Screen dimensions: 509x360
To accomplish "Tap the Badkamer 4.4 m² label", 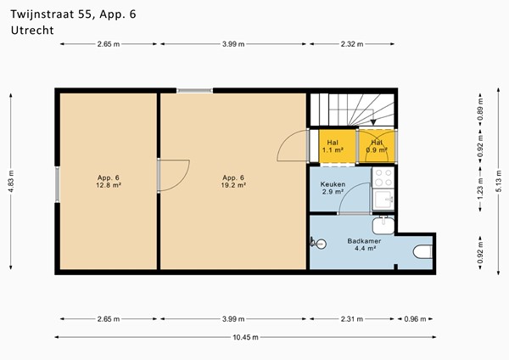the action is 364,245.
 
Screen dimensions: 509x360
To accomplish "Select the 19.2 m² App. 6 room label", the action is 233,182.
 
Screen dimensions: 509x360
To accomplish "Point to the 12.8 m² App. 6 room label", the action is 109,182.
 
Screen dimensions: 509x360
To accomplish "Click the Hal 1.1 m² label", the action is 333,146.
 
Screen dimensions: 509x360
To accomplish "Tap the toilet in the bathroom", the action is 422,252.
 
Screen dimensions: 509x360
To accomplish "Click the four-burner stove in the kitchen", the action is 383,177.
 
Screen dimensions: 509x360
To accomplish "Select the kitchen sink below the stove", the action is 383,200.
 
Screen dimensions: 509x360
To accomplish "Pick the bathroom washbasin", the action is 383,225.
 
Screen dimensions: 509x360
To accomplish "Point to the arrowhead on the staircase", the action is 373,122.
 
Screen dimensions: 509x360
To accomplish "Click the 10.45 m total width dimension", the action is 245,337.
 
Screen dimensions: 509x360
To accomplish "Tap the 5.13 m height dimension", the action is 499,182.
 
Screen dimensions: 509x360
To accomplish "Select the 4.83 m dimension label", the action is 11,182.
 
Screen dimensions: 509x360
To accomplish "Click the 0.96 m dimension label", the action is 415,319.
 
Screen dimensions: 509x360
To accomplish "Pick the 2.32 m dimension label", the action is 352,44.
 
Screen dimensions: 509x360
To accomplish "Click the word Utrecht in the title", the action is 32,31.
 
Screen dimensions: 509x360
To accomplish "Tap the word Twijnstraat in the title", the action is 42,15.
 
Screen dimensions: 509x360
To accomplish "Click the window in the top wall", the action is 195,91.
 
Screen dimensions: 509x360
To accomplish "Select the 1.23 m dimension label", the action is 481,189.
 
